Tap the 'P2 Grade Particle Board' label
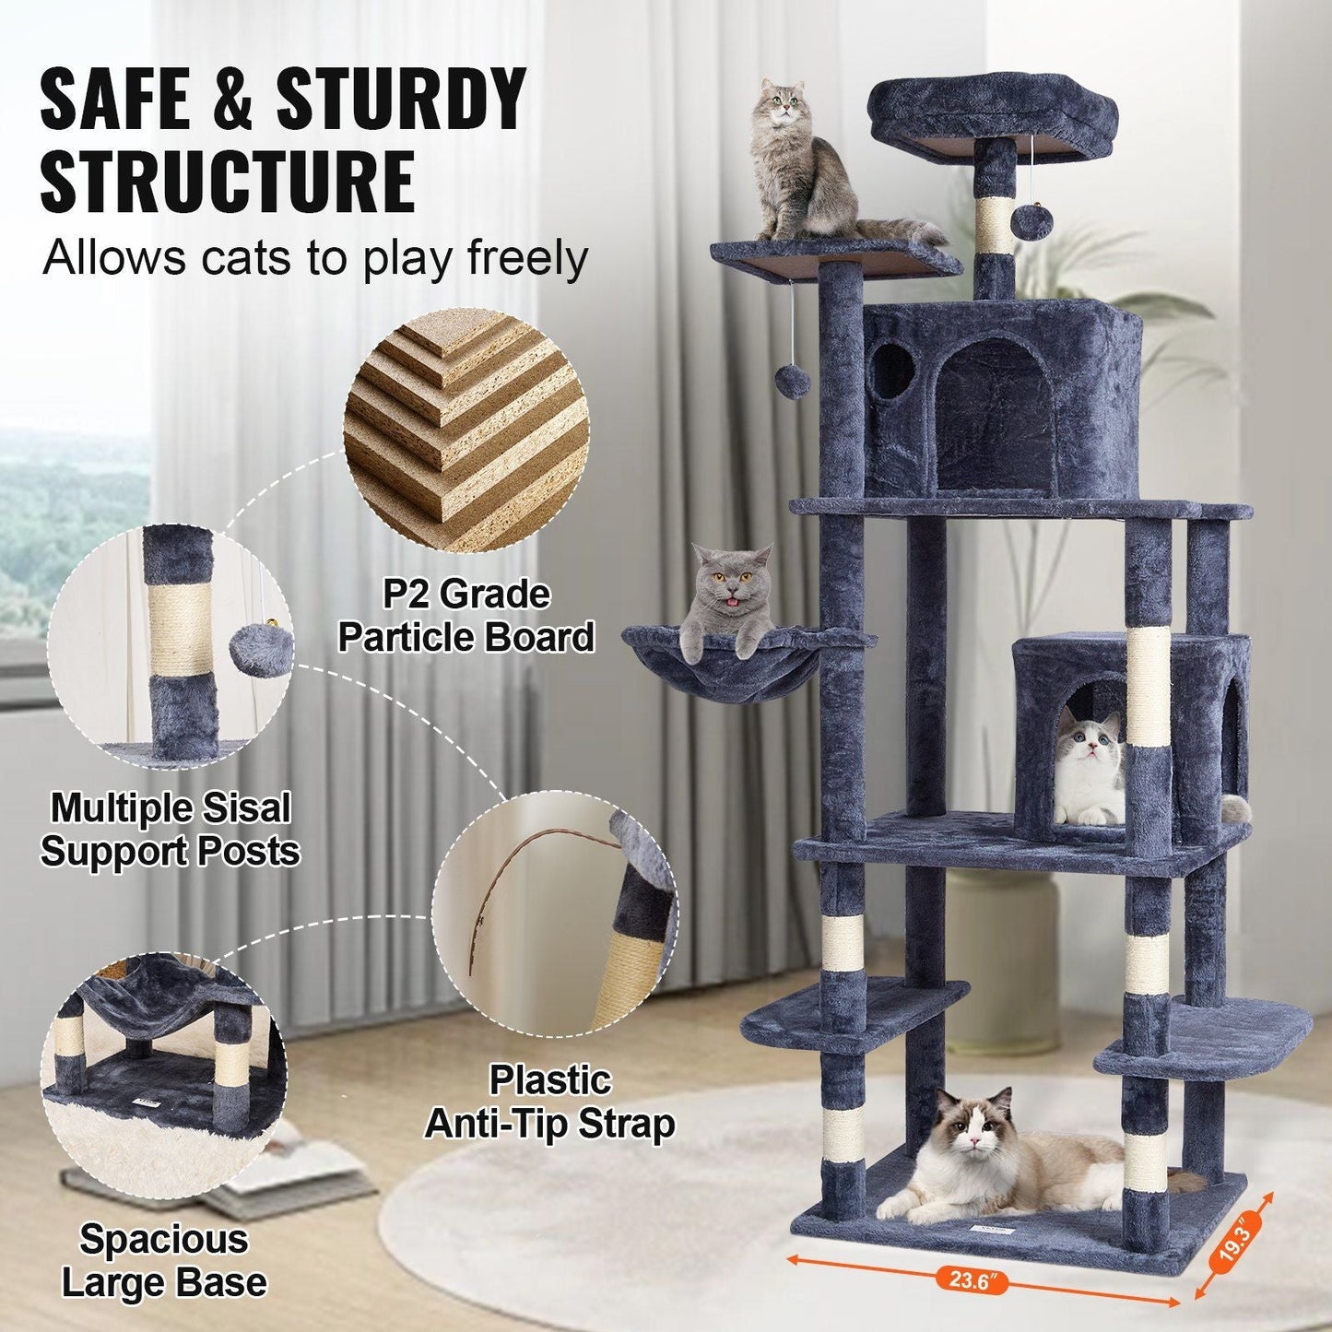(x=466, y=616)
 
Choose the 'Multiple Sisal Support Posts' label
(x=171, y=828)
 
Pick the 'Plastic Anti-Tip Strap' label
(x=549, y=1102)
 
